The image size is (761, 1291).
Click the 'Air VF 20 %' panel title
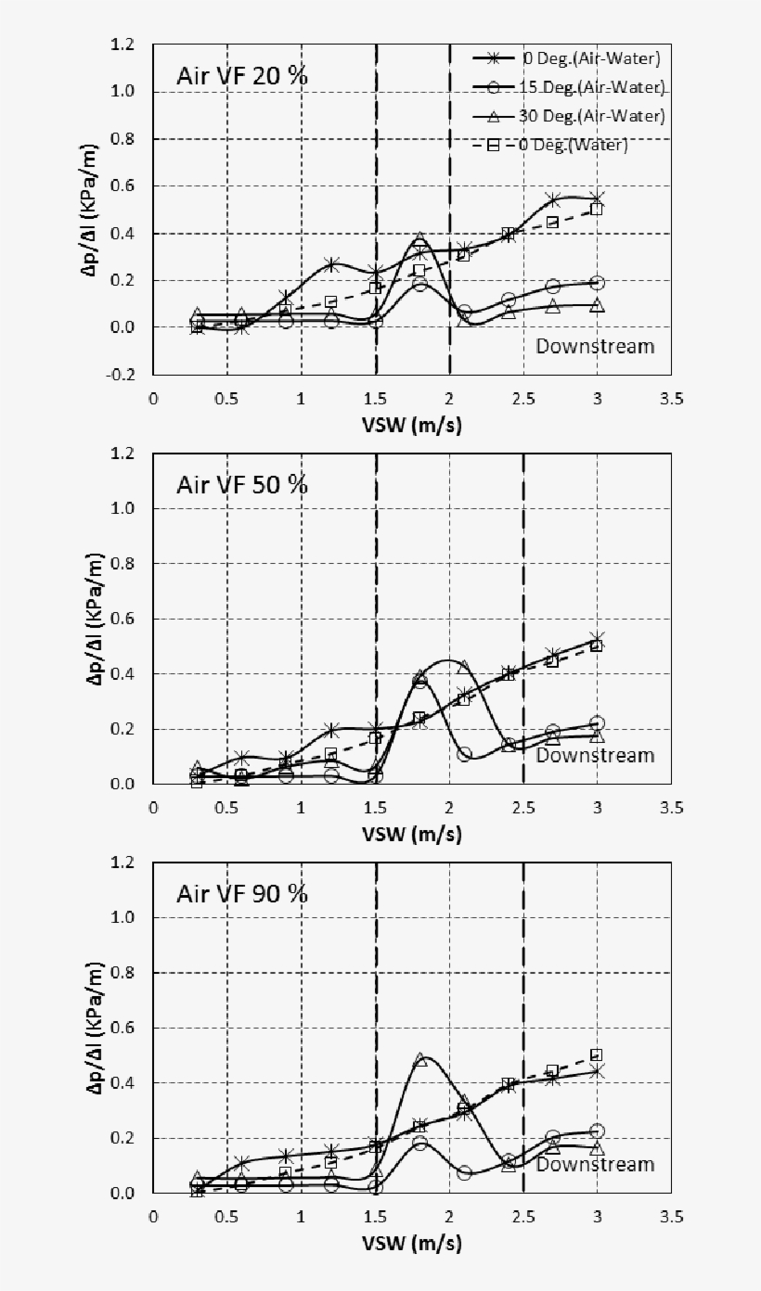242,75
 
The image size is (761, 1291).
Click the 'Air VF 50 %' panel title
242,484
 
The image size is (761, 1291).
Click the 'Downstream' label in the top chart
595,346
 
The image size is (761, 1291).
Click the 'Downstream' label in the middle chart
595,755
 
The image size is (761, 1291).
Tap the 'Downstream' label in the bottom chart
595,1164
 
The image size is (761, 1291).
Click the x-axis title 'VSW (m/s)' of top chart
413,425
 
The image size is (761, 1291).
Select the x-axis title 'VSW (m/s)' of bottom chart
413,1243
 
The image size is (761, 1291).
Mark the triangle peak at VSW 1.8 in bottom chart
420,1058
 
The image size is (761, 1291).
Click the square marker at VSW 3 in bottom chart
597,1055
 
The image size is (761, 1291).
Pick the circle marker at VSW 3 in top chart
597,283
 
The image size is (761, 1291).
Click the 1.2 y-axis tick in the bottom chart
123,863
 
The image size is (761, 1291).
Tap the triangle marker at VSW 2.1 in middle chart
464,667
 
